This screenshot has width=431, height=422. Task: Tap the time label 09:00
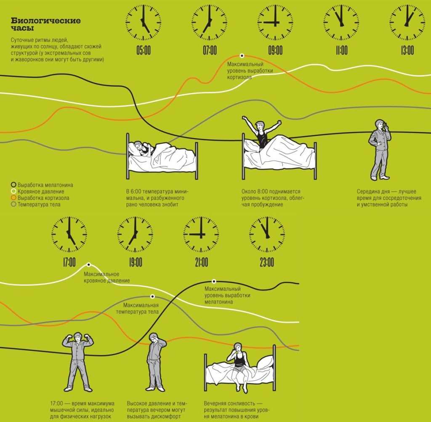pyautogui.click(x=275, y=51)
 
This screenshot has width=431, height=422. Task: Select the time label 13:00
pyautogui.click(x=407, y=51)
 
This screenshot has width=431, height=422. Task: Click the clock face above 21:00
pyautogui.click(x=201, y=235)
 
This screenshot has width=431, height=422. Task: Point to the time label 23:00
pyautogui.click(x=267, y=262)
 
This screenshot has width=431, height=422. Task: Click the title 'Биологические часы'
pyautogui.click(x=45, y=24)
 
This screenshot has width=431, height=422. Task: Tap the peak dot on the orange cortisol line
pyautogui.click(x=242, y=56)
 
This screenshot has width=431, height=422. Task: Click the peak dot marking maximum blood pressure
pyautogui.click(x=89, y=264)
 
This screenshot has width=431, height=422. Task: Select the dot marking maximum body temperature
pyautogui.click(x=152, y=296)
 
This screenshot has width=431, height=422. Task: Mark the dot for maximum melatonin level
pyautogui.click(x=214, y=281)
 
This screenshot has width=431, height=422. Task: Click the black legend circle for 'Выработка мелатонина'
pyautogui.click(x=13, y=184)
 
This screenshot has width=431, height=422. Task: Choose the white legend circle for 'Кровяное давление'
pyautogui.click(x=13, y=191)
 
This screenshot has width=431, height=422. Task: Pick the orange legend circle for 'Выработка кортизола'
pyautogui.click(x=13, y=198)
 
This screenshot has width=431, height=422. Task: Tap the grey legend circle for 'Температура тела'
pyautogui.click(x=13, y=204)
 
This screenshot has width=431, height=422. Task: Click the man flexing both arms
pyautogui.click(x=78, y=362)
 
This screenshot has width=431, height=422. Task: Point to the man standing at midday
pyautogui.click(x=380, y=150)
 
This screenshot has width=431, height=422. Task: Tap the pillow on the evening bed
pyautogui.click(x=265, y=363)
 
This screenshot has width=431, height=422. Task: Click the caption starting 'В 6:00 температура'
pyautogui.click(x=157, y=198)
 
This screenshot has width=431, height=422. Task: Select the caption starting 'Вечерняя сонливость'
pyautogui.click(x=237, y=410)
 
